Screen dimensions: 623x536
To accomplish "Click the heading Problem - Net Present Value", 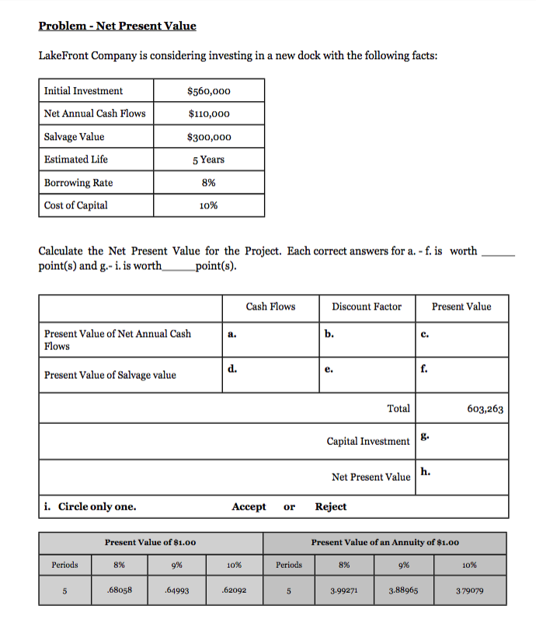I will point(117,26).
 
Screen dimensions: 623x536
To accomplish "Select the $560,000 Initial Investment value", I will point(209,91).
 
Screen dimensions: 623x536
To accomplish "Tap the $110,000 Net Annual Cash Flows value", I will point(209,114).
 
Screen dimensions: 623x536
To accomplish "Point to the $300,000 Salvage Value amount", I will point(209,137).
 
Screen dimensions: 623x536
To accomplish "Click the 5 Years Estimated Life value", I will point(209,159).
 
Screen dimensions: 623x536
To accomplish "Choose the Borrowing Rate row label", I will point(78,183).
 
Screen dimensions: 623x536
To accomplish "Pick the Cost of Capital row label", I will point(76,205).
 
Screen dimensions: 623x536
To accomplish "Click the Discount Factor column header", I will point(367,306).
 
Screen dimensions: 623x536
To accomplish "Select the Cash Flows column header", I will point(270,306).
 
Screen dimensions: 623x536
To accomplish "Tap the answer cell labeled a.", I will point(270,339).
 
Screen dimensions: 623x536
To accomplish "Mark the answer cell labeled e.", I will point(367,375).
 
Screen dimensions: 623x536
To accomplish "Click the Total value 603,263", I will point(486,409).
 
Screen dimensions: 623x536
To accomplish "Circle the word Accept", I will point(249,506).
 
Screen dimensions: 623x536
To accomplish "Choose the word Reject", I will point(331,506).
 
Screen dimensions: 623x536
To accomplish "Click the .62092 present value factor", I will point(234,590).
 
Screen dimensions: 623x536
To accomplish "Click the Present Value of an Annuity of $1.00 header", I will point(385,542).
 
